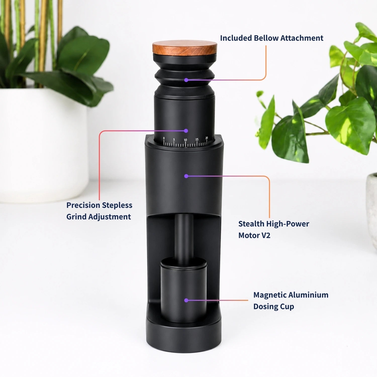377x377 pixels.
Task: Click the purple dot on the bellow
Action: [186, 80]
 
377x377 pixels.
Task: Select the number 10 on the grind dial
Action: [185, 140]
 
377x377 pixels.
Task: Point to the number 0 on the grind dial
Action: [164, 138]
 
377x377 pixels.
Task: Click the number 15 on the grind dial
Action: [197, 139]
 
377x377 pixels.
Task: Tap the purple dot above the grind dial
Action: [186, 131]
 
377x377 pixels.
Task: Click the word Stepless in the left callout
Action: [117, 206]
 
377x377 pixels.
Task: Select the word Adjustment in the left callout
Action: [109, 217]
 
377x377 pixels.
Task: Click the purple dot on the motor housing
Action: [186, 176]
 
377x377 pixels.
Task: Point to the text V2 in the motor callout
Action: [266, 235]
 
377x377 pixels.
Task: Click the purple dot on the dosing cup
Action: [186, 300]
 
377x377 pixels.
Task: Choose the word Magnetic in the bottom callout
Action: [270, 295]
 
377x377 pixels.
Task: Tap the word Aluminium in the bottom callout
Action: [308, 295]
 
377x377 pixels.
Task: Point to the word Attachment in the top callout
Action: [302, 38]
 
